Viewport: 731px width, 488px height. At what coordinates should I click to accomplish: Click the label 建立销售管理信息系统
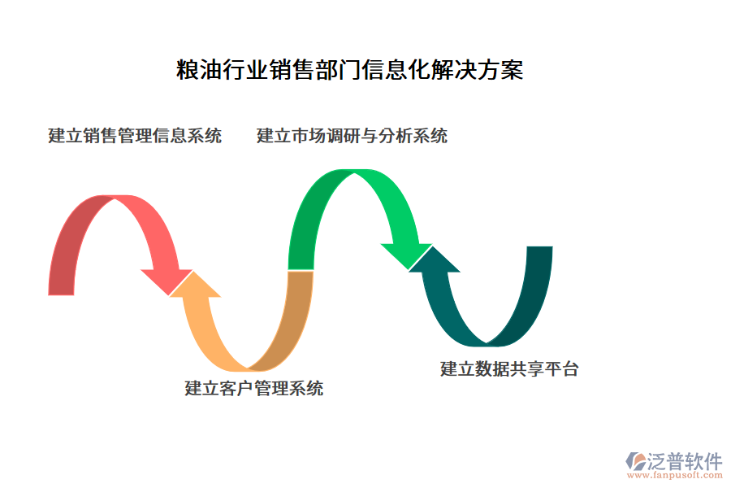tap(135, 136)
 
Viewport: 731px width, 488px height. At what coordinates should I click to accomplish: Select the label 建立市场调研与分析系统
tap(352, 136)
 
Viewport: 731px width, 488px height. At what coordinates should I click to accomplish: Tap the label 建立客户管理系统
tap(253, 389)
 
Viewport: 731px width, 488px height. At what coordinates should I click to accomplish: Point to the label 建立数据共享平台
tap(509, 368)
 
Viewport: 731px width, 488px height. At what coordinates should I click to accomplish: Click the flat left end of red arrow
tap(62, 294)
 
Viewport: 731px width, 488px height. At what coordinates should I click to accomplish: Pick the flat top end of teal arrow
tap(539, 247)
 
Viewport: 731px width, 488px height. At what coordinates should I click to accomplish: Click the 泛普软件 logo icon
tap(634, 461)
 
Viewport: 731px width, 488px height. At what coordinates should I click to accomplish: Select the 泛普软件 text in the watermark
tap(684, 461)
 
